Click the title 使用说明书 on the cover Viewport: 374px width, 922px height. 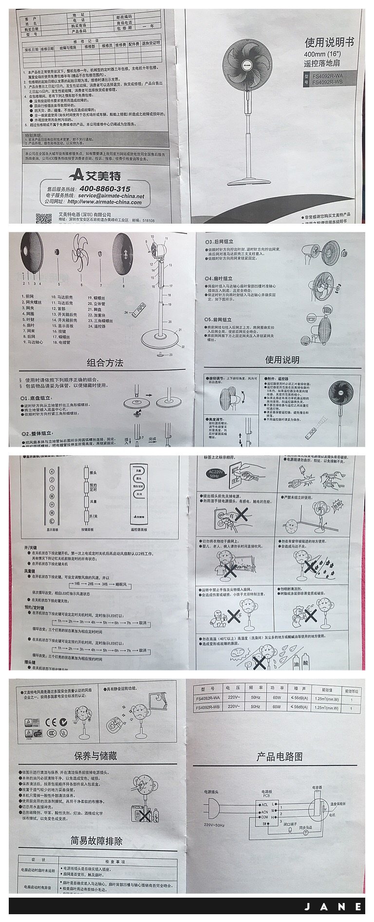(x=329, y=42)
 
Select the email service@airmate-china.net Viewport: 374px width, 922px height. (x=112, y=195)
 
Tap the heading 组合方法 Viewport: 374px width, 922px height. (x=105, y=363)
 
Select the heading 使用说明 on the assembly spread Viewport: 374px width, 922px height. (x=282, y=360)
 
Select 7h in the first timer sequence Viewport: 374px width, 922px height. (x=127, y=622)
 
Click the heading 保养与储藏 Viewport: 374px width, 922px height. (x=95, y=756)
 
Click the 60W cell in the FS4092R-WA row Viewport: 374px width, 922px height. (x=277, y=698)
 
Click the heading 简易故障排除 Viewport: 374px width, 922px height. (x=96, y=841)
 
